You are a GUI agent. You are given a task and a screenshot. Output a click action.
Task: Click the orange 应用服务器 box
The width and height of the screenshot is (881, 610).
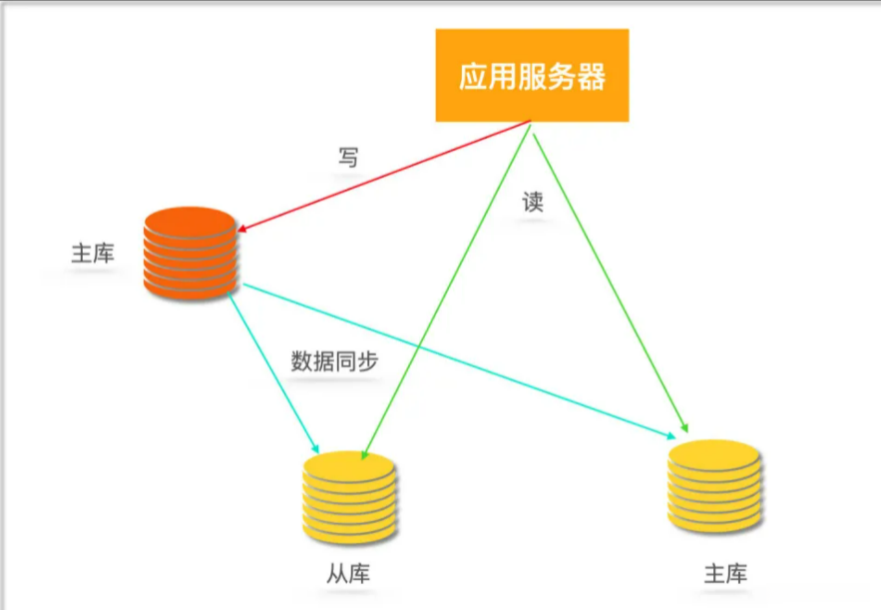pos(532,76)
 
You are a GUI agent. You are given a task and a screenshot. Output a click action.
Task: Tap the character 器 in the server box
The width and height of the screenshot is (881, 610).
pos(591,77)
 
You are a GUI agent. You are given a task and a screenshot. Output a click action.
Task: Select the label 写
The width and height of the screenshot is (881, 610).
pos(347,157)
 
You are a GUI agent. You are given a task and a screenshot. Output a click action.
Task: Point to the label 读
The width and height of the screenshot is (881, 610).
pos(533,202)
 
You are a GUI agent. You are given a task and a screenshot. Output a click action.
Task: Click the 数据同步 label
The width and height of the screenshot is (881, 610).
pos(334,361)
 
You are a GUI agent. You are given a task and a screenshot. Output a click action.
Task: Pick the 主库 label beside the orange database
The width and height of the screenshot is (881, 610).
pos(93,254)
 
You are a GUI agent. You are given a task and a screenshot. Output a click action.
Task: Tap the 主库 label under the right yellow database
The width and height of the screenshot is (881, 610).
pos(725,575)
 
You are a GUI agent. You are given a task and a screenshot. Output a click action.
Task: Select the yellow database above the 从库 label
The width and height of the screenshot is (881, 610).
pos(349,496)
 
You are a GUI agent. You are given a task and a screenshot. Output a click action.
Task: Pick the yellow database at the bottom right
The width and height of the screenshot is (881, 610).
pos(713,485)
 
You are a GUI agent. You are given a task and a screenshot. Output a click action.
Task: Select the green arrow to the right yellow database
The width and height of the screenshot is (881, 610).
pos(609,280)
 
